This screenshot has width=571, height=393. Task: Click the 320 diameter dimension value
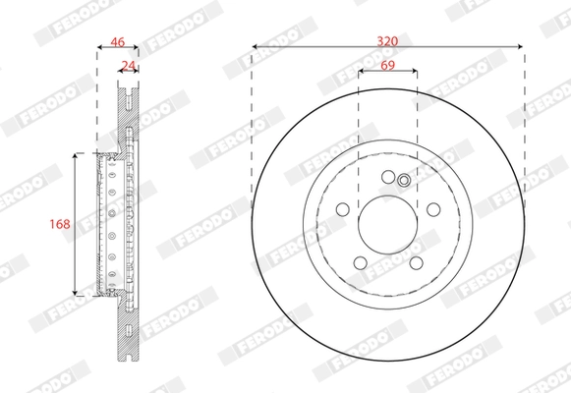[x=387, y=40]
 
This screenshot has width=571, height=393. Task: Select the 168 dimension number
[x=60, y=224]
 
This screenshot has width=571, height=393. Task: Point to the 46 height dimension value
[x=118, y=41]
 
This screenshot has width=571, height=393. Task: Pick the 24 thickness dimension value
[x=127, y=66]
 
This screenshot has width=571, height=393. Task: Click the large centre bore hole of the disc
[x=387, y=224]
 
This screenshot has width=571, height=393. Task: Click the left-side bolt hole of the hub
[x=342, y=209]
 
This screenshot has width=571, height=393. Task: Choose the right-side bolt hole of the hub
[x=433, y=209]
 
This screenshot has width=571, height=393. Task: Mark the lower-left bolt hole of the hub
[x=360, y=262]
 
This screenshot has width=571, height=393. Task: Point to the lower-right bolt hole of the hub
[x=416, y=262]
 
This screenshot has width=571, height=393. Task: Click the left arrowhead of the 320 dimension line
[x=256, y=45]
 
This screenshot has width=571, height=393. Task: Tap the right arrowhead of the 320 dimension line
[x=520, y=45]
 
